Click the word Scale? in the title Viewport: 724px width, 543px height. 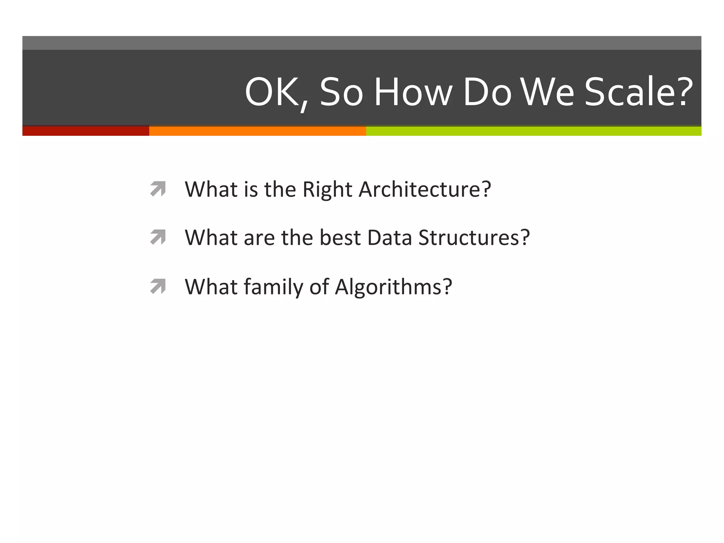(x=638, y=93)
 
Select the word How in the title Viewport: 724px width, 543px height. (x=413, y=93)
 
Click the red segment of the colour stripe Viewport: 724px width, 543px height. (x=86, y=131)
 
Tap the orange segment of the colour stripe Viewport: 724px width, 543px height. (x=257, y=131)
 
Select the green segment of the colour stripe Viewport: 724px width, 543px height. (x=534, y=131)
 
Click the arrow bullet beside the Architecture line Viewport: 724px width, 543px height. (x=158, y=189)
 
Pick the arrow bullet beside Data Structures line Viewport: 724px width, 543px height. (x=158, y=237)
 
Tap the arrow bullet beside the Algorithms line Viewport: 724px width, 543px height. (x=158, y=286)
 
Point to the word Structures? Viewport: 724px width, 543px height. (x=474, y=238)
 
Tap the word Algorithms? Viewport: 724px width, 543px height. (x=393, y=287)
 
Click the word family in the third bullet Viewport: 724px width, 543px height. (x=273, y=287)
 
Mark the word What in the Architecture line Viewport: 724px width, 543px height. (x=211, y=189)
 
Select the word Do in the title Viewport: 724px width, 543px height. (x=487, y=93)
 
